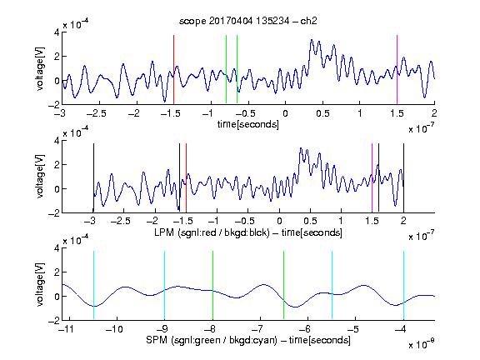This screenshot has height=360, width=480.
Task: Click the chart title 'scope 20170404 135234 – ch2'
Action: (x=247, y=21)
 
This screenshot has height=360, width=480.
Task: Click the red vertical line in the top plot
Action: (x=173, y=70)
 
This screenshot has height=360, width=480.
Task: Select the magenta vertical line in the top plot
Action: (x=397, y=70)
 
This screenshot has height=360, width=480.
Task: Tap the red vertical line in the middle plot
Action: (x=186, y=177)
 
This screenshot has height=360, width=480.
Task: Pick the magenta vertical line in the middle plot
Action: (x=372, y=177)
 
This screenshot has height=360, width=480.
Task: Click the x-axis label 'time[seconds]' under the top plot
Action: (x=248, y=124)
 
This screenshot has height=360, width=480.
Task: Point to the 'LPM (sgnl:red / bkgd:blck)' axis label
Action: (x=212, y=232)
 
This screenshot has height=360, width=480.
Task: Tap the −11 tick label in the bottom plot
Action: (x=67, y=329)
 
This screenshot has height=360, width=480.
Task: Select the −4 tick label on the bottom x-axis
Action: (x=401, y=329)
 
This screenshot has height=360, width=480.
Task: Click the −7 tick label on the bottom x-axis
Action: (x=257, y=329)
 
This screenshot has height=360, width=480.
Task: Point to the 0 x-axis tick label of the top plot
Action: (x=285, y=113)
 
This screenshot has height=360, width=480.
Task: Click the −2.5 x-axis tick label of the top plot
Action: (x=97, y=113)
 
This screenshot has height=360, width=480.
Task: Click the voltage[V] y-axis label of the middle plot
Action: (x=40, y=177)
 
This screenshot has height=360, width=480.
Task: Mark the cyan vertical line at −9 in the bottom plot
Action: (x=165, y=285)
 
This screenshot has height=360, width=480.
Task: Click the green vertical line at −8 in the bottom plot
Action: (x=212, y=285)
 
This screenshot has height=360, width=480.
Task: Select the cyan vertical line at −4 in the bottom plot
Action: (x=404, y=285)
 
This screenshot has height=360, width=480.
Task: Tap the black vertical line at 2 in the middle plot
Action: (x=404, y=177)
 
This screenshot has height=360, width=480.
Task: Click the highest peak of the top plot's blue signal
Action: (x=312, y=40)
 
